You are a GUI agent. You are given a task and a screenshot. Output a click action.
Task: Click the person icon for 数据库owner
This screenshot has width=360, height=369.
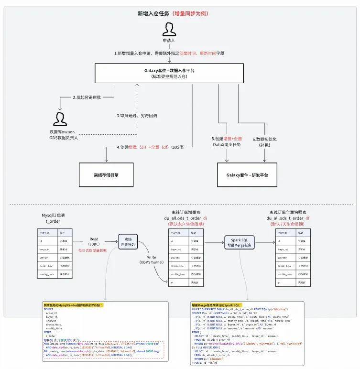pyautogui.click(x=60, y=119)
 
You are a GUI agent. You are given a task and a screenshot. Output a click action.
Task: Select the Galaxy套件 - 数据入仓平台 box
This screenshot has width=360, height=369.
pyautogui.click(x=169, y=73)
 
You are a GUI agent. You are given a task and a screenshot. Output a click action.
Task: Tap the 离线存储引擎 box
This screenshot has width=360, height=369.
pyautogui.click(x=106, y=175)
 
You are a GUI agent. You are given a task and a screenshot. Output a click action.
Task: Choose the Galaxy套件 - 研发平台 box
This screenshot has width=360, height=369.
pyautogui.click(x=247, y=175)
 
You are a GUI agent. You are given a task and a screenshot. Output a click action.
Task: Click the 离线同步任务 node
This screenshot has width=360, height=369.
pyautogui.click(x=128, y=242)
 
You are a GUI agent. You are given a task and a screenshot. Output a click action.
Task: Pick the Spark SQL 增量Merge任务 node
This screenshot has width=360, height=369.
pyautogui.click(x=238, y=242)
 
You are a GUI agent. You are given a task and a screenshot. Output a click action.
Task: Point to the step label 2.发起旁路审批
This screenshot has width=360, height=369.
pyautogui.click(x=87, y=98)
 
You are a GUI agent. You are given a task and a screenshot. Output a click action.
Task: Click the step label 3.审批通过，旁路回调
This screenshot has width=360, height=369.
pyautogui.click(x=137, y=116)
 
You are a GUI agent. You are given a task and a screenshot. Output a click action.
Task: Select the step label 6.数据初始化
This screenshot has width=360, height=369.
pyautogui.click(x=264, y=141)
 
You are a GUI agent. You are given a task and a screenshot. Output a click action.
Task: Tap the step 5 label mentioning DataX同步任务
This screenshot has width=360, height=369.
pyautogui.click(x=227, y=141)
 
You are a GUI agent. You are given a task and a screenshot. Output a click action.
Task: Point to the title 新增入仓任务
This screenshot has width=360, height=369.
pyautogui.click(x=153, y=13)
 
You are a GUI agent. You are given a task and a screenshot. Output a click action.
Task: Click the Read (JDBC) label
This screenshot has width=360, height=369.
pyautogui.click(x=94, y=242)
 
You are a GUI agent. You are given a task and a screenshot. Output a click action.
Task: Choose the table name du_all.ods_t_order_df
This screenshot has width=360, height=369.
pyautogui.click(x=288, y=218)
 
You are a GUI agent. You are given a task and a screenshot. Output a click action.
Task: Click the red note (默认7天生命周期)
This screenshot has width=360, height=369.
pyautogui.click(x=288, y=224)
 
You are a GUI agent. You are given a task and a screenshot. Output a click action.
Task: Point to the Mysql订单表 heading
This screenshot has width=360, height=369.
pyautogui.click(x=54, y=216)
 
